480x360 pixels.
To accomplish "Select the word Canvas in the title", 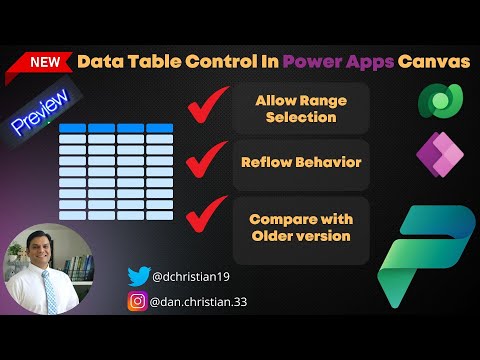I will [433, 62].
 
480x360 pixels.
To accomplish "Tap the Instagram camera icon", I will [138, 300].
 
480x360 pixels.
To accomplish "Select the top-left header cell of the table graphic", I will [71, 129].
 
